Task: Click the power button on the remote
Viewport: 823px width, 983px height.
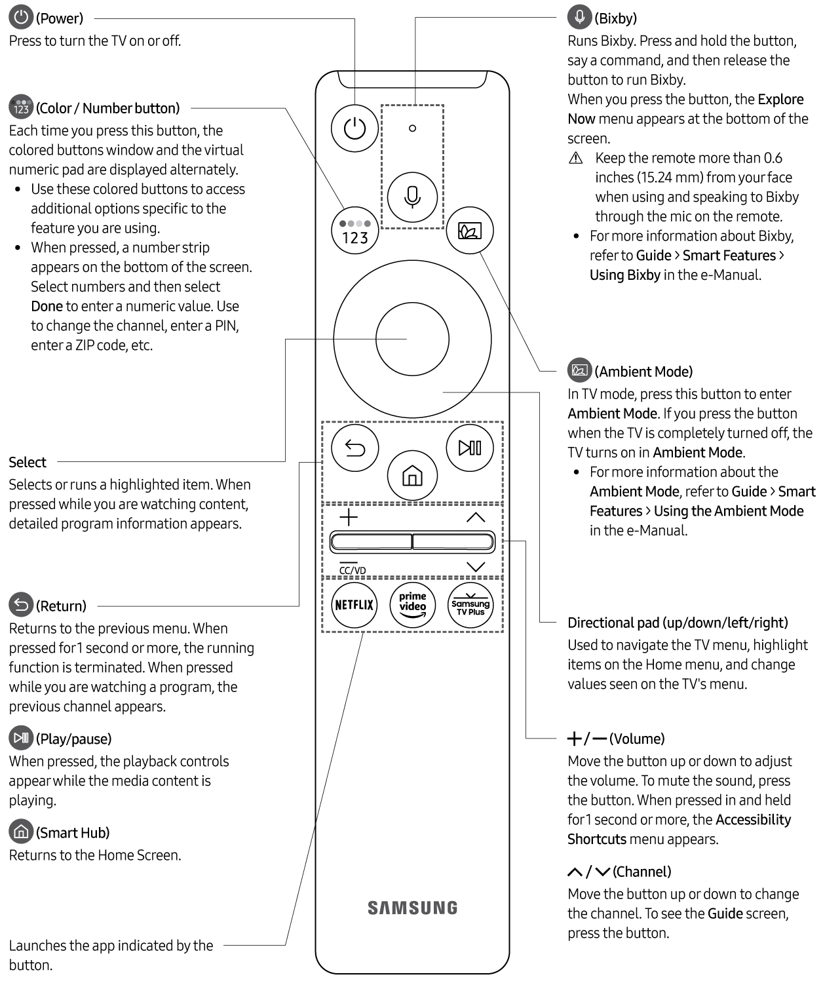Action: (x=354, y=128)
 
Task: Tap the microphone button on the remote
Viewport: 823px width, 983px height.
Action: (x=412, y=197)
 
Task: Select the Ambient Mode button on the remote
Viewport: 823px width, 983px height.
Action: (x=469, y=230)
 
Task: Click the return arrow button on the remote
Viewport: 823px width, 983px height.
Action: (x=354, y=448)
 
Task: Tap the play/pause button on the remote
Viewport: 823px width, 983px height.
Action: (x=470, y=448)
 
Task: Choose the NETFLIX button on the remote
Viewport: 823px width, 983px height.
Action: (x=354, y=605)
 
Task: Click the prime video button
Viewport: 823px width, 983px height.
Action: (x=412, y=605)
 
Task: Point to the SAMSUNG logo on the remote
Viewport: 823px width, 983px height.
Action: (x=412, y=908)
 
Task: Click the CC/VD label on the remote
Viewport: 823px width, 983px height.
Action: (x=353, y=569)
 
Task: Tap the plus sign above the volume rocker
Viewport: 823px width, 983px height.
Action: (x=349, y=517)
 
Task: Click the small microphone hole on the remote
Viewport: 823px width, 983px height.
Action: (x=412, y=128)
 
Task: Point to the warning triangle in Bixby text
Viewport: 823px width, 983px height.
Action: (x=576, y=158)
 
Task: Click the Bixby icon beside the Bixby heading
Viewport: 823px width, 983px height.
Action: (x=579, y=17)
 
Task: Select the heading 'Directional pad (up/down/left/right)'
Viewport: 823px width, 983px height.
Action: (x=678, y=623)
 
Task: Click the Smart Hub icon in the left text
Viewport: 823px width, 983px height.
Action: (x=21, y=832)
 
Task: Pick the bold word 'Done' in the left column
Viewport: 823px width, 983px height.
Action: (x=47, y=306)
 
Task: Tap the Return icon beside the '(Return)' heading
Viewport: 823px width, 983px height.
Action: (x=21, y=605)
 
